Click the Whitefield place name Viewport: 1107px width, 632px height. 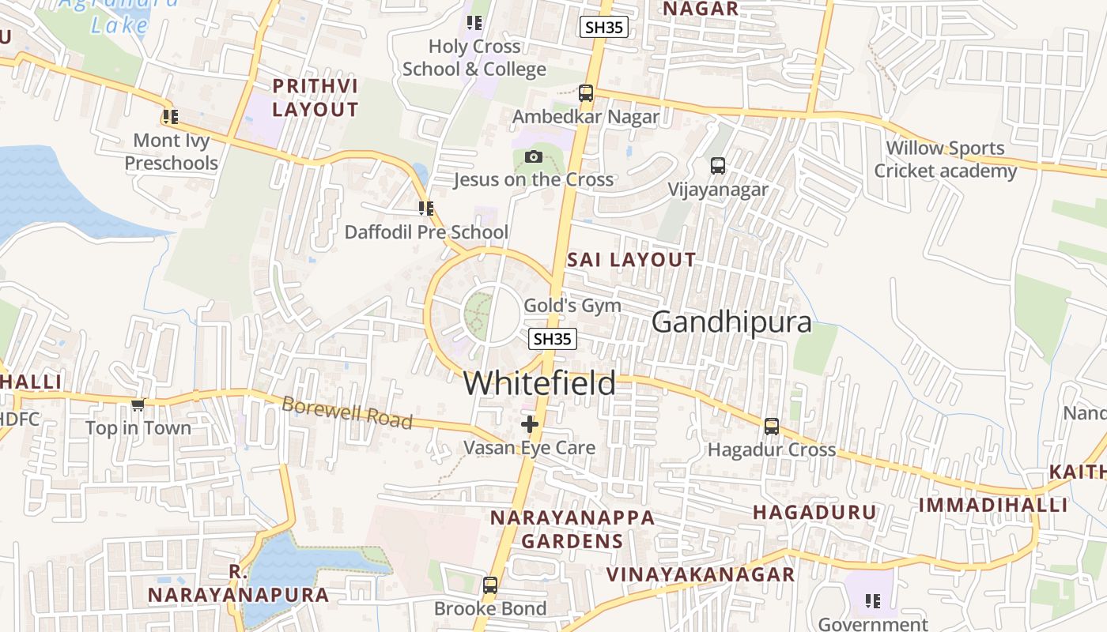[x=539, y=383]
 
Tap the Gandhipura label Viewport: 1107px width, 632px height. [x=731, y=322]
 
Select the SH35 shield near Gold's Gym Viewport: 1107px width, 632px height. [x=552, y=339]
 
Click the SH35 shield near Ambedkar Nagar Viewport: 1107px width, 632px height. [x=603, y=27]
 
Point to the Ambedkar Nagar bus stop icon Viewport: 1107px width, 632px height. [x=585, y=92]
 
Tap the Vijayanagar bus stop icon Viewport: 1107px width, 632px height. [x=717, y=166]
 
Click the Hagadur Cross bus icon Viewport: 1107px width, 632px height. [x=771, y=426]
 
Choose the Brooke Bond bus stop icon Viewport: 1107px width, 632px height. [x=489, y=585]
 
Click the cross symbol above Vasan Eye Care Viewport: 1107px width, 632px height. [x=529, y=424]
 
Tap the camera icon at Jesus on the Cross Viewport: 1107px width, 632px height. [x=533, y=156]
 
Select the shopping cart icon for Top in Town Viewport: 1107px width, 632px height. [x=138, y=404]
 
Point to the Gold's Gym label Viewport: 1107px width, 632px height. [x=572, y=306]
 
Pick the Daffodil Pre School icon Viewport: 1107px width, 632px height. [x=426, y=209]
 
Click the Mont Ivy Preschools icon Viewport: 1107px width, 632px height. [x=170, y=117]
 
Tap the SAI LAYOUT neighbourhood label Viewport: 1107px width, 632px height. [x=631, y=259]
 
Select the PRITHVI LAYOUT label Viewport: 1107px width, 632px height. [x=315, y=97]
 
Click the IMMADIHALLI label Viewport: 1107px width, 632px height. [x=993, y=505]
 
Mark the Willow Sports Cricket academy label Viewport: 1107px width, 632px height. [x=945, y=159]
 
